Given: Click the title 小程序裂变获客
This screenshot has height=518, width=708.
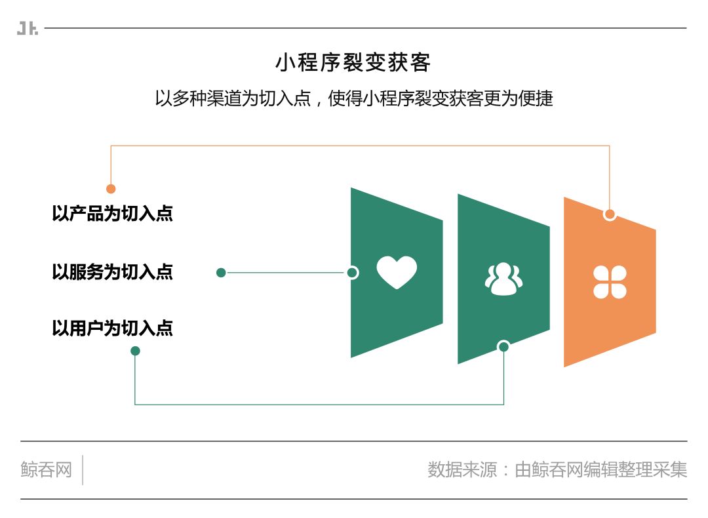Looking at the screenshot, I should (353, 63).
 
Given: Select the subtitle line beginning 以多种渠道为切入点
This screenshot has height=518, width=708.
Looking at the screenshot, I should (354, 98).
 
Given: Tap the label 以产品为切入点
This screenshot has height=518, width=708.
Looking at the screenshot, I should (112, 214).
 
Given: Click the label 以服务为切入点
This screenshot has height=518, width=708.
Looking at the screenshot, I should (112, 271).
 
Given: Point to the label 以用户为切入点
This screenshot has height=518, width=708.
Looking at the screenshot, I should (112, 328).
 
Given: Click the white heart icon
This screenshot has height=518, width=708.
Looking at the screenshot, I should (397, 272).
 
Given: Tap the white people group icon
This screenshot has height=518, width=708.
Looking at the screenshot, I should (503, 279).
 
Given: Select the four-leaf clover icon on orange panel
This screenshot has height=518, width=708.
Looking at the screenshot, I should (610, 282).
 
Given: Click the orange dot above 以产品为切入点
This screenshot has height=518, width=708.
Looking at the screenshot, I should (111, 189).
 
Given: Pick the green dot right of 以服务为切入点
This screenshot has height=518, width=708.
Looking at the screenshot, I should (221, 273).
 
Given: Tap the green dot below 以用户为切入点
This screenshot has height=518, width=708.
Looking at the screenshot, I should (135, 351).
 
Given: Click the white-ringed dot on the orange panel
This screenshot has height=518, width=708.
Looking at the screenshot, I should (610, 214).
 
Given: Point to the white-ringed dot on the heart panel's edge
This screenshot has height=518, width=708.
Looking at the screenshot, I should (352, 273).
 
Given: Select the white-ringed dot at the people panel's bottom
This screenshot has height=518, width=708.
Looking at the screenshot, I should (503, 346).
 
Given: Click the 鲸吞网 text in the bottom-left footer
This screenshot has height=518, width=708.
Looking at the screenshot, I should (46, 470).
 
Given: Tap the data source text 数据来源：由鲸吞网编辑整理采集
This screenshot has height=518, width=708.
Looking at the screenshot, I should (557, 470).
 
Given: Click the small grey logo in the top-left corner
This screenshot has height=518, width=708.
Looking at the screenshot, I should (28, 29).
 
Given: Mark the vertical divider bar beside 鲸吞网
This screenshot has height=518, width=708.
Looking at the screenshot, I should (83, 470).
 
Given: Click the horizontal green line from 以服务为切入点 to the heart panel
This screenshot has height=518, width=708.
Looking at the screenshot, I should (285, 273).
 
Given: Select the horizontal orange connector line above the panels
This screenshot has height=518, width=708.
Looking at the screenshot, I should (361, 146).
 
